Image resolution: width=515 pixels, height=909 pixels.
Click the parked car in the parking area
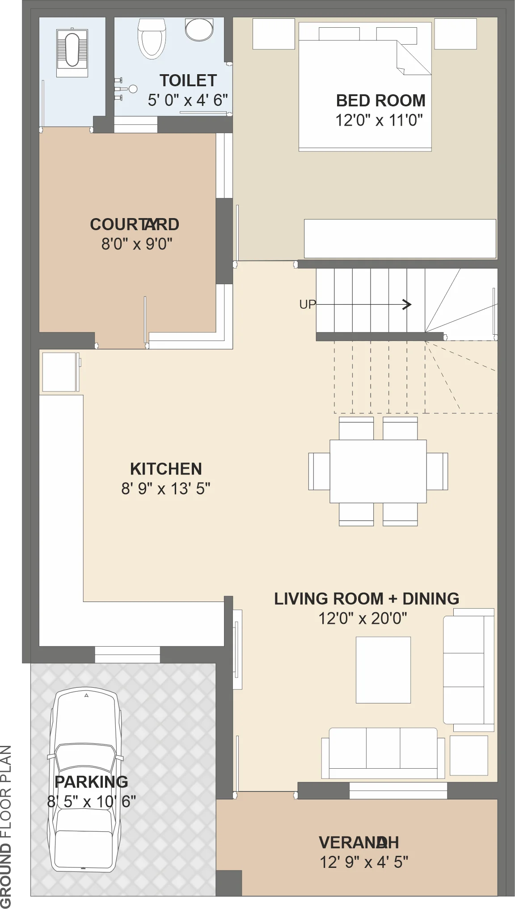pyautogui.click(x=85, y=779)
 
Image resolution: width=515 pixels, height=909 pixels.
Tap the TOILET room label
pyautogui.click(x=188, y=80)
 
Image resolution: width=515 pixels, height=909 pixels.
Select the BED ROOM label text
pyautogui.click(x=380, y=101)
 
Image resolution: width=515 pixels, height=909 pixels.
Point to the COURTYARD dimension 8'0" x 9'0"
pyautogui.click(x=137, y=244)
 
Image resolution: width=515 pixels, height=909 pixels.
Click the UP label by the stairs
pyautogui.click(x=308, y=305)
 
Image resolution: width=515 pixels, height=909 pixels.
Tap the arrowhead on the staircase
pyautogui.click(x=407, y=305)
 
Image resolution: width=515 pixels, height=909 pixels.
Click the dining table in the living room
pyautogui.click(x=378, y=471)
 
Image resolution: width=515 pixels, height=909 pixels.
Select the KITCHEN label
pyautogui.click(x=166, y=469)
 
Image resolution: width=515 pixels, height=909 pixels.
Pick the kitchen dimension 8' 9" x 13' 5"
pyautogui.click(x=166, y=488)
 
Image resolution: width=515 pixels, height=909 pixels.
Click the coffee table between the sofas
pyautogui.click(x=383, y=670)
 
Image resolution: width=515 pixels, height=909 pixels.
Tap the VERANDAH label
pyautogui.click(x=359, y=842)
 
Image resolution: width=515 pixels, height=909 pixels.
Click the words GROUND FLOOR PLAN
pyautogui.click(x=6, y=827)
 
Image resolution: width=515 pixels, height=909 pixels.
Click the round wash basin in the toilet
pyautogui.click(x=199, y=29)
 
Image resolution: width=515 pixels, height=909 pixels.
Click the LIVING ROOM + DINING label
pyautogui.click(x=367, y=598)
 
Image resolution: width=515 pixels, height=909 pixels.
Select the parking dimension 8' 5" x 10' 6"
pyautogui.click(x=92, y=801)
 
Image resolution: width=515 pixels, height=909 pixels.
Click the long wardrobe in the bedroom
pyautogui.click(x=400, y=239)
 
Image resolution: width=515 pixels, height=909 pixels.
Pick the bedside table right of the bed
pyautogui.click(x=456, y=34)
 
